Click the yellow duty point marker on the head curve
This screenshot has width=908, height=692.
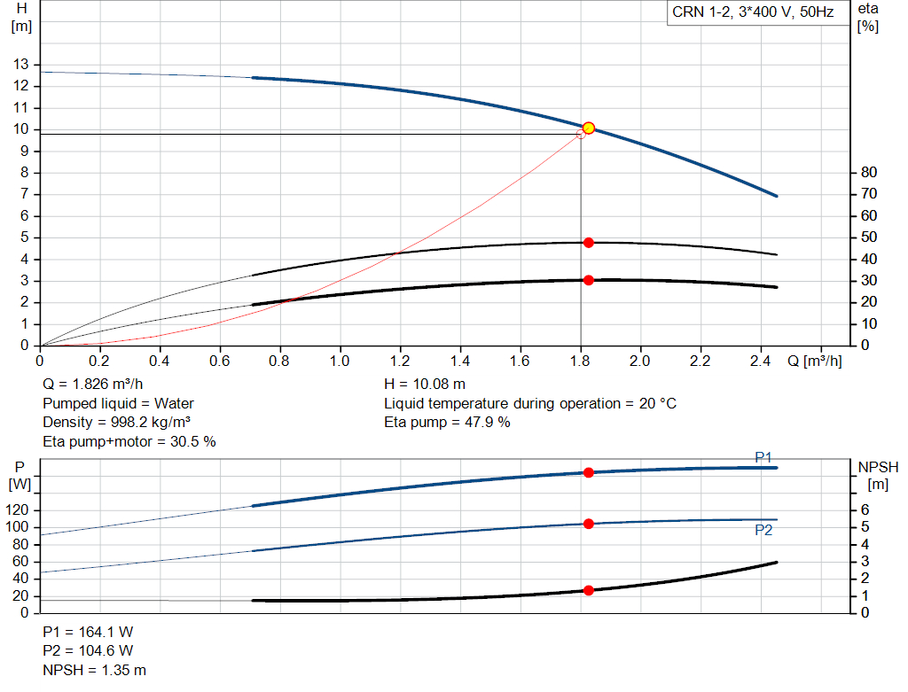point(588,128)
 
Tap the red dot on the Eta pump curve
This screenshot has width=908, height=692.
point(588,243)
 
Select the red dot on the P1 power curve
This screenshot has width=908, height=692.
point(588,472)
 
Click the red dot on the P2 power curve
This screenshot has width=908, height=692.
point(588,524)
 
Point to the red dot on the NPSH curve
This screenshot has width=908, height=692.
point(588,590)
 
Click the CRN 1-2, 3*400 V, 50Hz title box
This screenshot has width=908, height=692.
point(753,13)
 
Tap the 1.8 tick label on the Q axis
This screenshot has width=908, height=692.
point(580,362)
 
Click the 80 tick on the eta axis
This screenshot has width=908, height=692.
point(868,172)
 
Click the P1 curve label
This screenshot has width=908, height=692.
point(763,457)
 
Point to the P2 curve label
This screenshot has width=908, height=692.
point(763,530)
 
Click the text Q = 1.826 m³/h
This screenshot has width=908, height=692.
point(93,385)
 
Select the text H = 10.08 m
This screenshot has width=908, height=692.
point(425,385)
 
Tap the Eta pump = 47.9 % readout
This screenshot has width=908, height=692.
point(447,422)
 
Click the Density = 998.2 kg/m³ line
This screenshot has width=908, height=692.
point(117,422)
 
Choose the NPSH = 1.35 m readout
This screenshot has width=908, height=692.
point(95,670)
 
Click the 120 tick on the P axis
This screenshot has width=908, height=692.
point(20,510)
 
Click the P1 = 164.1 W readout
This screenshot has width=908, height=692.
point(88,633)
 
